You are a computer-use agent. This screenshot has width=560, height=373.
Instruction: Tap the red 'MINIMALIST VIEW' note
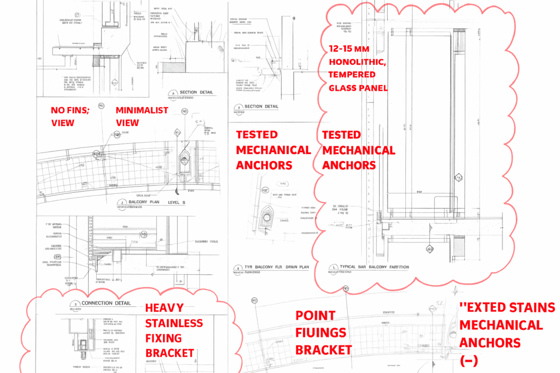[x=142, y=116]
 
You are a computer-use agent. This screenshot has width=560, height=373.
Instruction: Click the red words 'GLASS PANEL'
[x=358, y=87]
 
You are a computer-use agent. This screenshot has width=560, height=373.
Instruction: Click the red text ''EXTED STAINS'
[x=507, y=307]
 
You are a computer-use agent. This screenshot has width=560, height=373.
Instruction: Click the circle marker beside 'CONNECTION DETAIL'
[x=72, y=304]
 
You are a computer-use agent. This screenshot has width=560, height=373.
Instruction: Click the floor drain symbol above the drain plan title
[x=267, y=217]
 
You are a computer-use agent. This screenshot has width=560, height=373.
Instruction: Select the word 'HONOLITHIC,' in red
[x=358, y=62]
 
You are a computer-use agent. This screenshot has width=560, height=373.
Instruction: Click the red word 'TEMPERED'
[x=352, y=74]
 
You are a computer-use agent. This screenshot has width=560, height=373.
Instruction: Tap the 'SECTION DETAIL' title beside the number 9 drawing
[x=261, y=106]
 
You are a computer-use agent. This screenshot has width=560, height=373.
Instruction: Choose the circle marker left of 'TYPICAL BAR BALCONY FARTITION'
[x=331, y=268]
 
